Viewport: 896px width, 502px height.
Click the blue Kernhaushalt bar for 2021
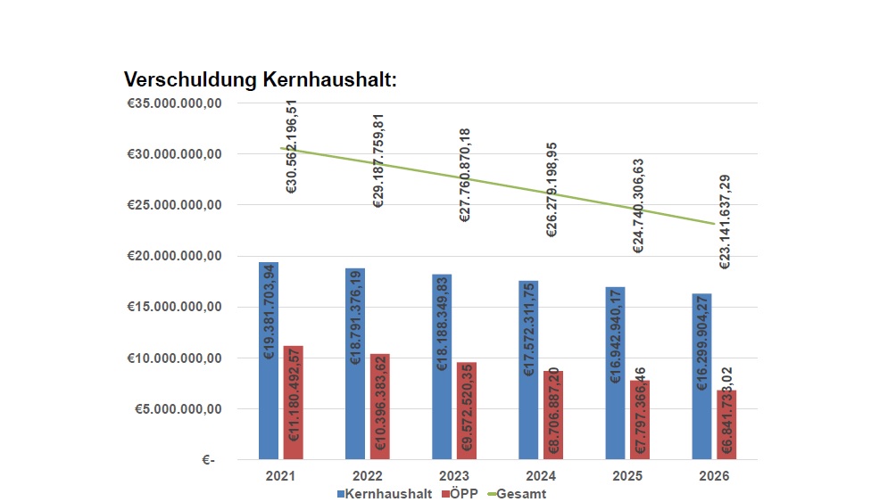click(x=269, y=361)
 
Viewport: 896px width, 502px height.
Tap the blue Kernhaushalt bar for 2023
click(x=442, y=366)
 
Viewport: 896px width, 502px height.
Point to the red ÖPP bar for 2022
click(x=380, y=407)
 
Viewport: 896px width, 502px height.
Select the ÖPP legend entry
click(x=460, y=493)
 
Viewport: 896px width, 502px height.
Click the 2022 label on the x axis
click(x=368, y=476)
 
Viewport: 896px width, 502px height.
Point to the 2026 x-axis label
click(x=715, y=476)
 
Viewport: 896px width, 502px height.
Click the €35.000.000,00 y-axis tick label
click(x=175, y=103)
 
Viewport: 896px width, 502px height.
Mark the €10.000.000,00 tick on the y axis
click(x=175, y=358)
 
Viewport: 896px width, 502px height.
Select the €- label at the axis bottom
click(x=208, y=461)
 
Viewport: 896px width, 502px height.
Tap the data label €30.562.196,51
click(x=292, y=146)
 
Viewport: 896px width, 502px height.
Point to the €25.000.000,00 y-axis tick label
click(x=175, y=205)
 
